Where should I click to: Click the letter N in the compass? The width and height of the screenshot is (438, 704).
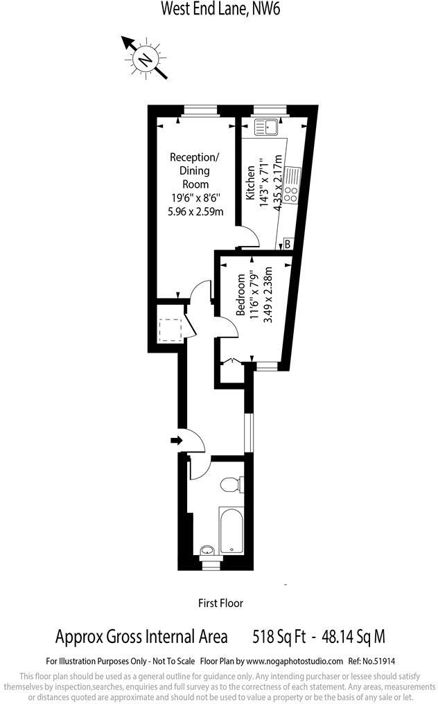point(145,60)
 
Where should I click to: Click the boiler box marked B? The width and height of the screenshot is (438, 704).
point(288,244)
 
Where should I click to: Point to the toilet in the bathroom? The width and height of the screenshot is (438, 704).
point(232,484)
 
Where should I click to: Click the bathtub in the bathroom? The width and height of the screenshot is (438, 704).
point(231,531)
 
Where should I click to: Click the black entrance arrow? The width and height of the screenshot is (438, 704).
point(177,440)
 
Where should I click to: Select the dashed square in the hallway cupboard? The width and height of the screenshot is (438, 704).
point(170,330)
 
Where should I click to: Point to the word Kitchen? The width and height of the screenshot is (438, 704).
point(250,183)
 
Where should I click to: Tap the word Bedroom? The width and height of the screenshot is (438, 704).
point(241,294)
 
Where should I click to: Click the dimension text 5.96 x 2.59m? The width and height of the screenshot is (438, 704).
point(195,211)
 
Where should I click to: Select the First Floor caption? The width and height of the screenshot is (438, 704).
point(220,603)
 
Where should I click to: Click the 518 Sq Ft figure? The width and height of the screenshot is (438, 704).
point(279,636)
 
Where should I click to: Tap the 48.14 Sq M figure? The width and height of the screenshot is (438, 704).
point(353,636)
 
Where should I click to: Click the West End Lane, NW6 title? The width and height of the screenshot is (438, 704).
point(220,8)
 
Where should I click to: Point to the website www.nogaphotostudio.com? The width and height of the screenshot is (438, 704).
point(296,661)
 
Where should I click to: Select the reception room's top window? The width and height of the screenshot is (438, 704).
point(200,110)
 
